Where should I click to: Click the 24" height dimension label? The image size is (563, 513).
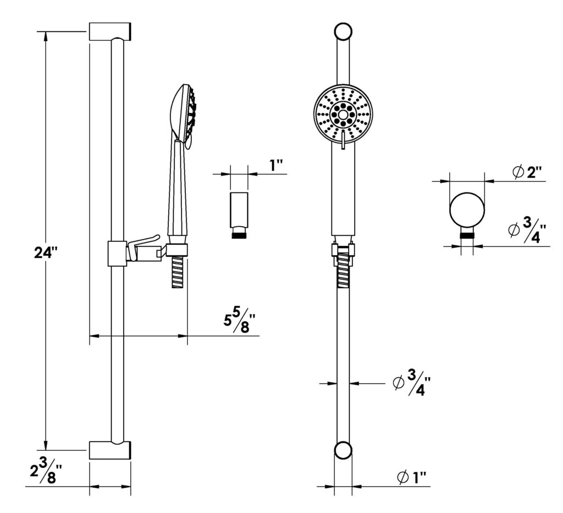(x=46, y=253)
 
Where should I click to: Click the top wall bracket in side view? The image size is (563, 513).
(x=109, y=31)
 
